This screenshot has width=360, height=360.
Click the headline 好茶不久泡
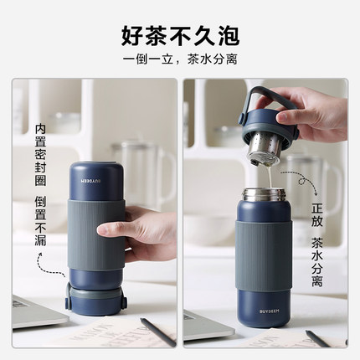click(179, 35)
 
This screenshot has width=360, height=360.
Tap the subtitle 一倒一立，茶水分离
click(179, 61)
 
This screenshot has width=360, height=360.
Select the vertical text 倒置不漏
click(39, 220)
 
